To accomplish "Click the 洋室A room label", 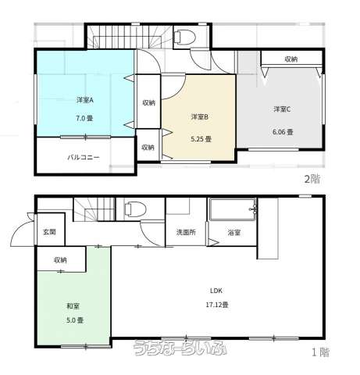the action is pyautogui.click(x=85, y=100).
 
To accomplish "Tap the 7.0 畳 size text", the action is pyautogui.click(x=84, y=118).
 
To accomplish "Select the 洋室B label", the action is pyautogui.click(x=200, y=117).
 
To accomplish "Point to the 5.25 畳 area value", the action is pyautogui.click(x=201, y=139).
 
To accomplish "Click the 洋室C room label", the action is pyautogui.click(x=282, y=109).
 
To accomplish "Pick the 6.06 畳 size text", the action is pyautogui.click(x=283, y=132).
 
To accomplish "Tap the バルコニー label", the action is pyautogui.click(x=84, y=157).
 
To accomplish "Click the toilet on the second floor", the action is pyautogui.click(x=184, y=36).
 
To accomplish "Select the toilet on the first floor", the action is pyautogui.click(x=135, y=209).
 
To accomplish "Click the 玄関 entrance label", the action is pyautogui.click(x=49, y=232).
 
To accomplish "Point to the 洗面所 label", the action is pyautogui.click(x=186, y=232).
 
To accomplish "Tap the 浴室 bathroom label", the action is pyautogui.click(x=234, y=232).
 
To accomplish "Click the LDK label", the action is pyautogui.click(x=216, y=291).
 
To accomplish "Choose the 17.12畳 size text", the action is pyautogui.click(x=217, y=305).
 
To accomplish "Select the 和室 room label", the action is pyautogui.click(x=73, y=306).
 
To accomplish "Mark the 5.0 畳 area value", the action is pyautogui.click(x=75, y=320).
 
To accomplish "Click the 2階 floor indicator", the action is pyautogui.click(x=312, y=179).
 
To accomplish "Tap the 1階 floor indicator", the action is pyautogui.click(x=320, y=352).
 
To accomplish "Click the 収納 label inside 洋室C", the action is pyautogui.click(x=291, y=59).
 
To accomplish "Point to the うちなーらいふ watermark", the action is pyautogui.click(x=180, y=348).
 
